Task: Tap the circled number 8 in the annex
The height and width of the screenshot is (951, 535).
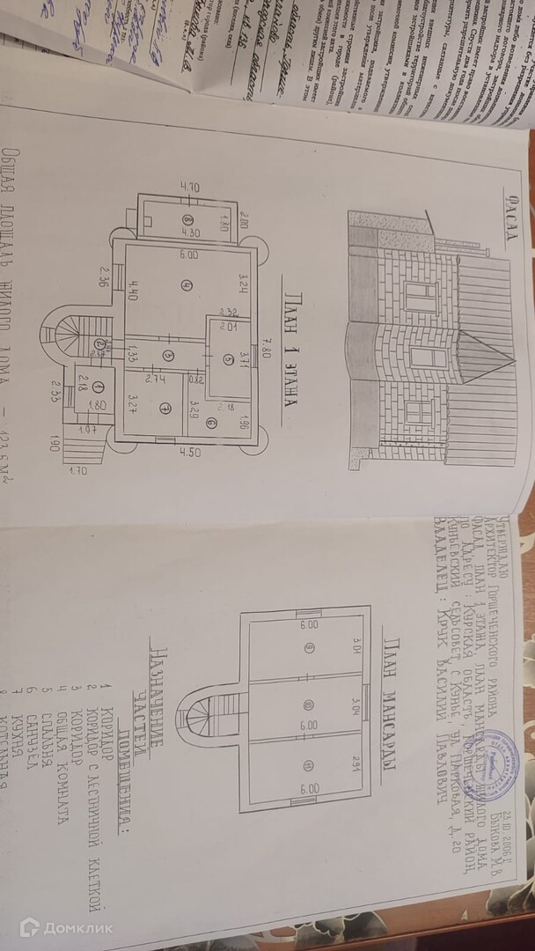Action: (187, 219)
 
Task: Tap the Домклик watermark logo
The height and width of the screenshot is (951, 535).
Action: (66, 925)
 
